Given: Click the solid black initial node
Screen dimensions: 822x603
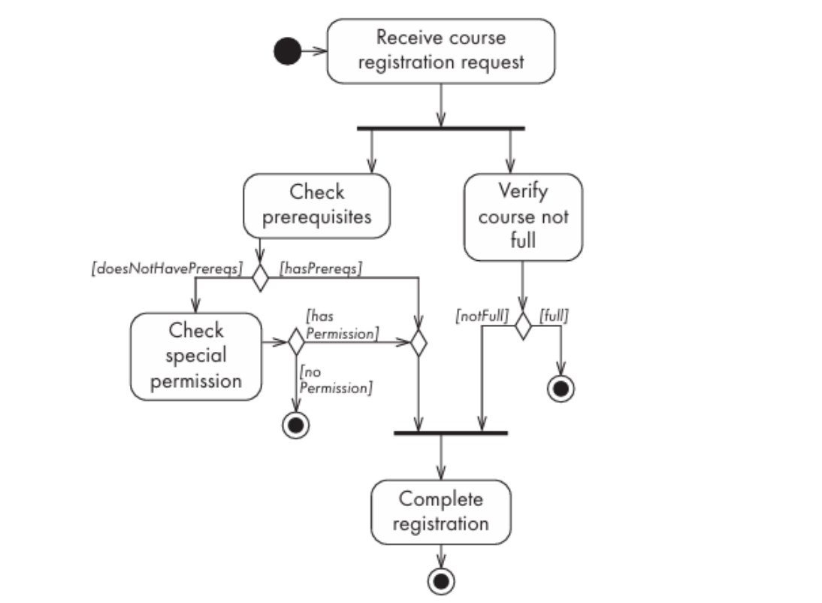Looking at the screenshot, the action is click(288, 51).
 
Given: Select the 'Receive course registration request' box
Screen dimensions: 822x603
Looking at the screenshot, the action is click(441, 51).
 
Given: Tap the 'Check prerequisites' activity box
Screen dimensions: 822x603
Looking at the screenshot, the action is click(316, 206).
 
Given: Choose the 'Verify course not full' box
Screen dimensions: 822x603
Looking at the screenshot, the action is click(523, 217).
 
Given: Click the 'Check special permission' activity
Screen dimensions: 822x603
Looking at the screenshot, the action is click(196, 356).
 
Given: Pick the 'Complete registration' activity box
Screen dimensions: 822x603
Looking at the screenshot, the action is click(441, 512).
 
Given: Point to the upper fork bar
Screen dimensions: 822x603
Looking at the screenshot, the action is click(441, 128).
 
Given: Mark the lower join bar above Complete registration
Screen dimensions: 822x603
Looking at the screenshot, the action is click(451, 433).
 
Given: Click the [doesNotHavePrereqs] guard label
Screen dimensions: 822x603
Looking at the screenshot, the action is click(168, 268).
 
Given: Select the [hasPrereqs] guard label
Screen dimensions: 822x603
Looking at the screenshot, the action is click(321, 268).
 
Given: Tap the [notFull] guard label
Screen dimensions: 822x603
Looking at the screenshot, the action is click(482, 315).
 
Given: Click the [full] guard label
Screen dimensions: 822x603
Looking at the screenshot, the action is click(554, 315).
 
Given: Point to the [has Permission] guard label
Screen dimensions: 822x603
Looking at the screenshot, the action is click(342, 325).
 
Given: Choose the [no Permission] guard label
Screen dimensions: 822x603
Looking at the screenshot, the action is click(336, 380).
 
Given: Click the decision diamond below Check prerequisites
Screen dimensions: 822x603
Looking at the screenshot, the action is click(261, 277).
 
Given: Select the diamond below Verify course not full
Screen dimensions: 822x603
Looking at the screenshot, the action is click(523, 326).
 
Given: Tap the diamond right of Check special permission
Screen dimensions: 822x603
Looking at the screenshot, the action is click(296, 342).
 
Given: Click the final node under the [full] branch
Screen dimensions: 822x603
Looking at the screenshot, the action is click(561, 389).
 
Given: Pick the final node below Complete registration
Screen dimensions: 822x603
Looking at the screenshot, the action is click(441, 581).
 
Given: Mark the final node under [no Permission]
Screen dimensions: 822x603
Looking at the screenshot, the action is click(296, 425).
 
